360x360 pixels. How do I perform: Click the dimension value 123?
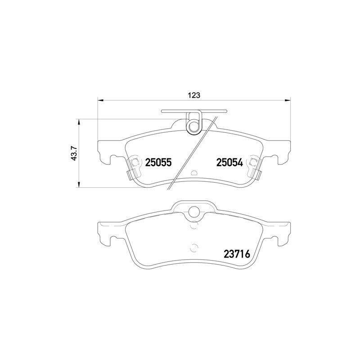coord(193,95)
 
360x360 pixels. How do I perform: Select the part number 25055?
coord(158,163)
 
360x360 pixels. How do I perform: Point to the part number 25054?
coord(229,163)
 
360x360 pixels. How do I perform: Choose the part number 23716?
coord(237,255)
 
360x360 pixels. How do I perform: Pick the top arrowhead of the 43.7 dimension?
coord(79,121)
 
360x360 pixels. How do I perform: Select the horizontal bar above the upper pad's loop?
coord(194,110)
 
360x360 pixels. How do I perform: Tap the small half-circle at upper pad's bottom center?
coord(194,173)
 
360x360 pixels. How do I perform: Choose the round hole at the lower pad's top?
coord(194,211)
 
